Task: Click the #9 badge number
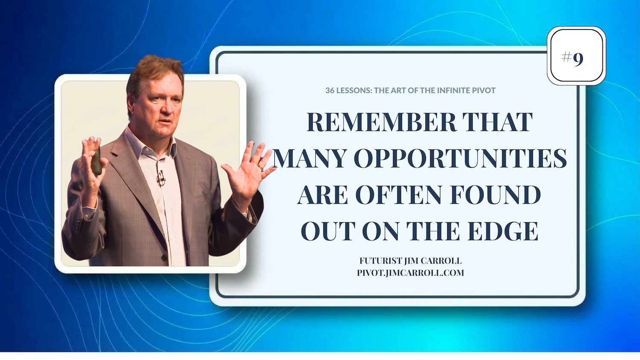pyautogui.click(x=572, y=58)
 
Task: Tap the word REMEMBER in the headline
pyautogui.click(x=382, y=122)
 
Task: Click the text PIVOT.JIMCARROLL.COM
pyautogui.click(x=410, y=273)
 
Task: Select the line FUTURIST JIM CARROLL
pyautogui.click(x=410, y=261)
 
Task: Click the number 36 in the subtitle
pyautogui.click(x=330, y=90)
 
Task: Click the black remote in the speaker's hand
pyautogui.click(x=96, y=161)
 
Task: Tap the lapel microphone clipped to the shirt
pyautogui.click(x=161, y=178)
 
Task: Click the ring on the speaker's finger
pyautogui.click(x=261, y=167)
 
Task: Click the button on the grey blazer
pyautogui.click(x=164, y=258)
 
